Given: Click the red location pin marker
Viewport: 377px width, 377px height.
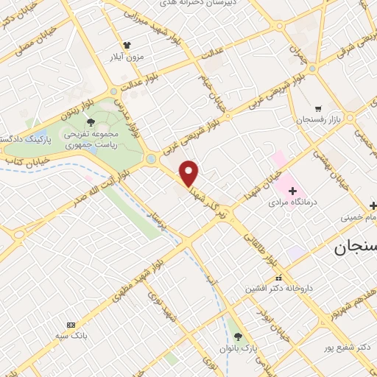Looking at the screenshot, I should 190,173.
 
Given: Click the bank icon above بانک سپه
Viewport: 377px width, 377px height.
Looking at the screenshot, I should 71,325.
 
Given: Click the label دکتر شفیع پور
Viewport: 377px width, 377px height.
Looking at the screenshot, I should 344,347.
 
